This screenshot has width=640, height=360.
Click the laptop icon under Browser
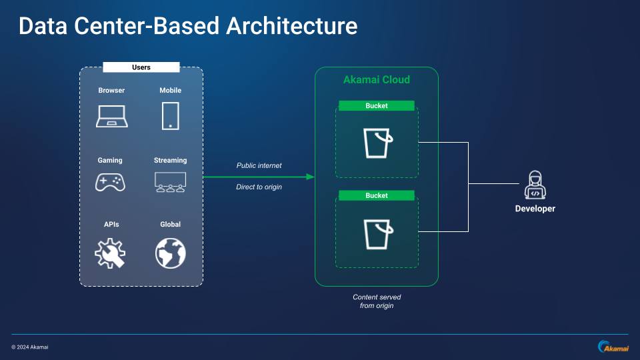[111, 116]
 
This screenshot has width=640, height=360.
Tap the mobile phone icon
[170, 115]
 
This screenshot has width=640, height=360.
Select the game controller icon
[111, 181]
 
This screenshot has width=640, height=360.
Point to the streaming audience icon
[170, 181]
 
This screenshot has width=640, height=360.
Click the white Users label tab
[141, 67]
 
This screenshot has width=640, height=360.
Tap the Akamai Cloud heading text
[376, 80]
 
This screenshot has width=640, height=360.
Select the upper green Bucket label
[376, 105]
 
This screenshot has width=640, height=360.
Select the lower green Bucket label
[376, 195]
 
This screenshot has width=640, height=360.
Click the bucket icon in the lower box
[377, 233]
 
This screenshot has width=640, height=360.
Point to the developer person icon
[535, 185]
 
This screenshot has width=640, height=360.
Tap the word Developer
[535, 209]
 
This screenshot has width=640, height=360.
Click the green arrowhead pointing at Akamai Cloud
[310, 177]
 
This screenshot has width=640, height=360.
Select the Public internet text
[259, 165]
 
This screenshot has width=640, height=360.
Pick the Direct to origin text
[259, 187]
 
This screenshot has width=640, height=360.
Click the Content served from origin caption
[377, 301]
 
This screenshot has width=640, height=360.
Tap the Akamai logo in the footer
[612, 347]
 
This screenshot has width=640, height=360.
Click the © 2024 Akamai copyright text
[30, 347]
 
